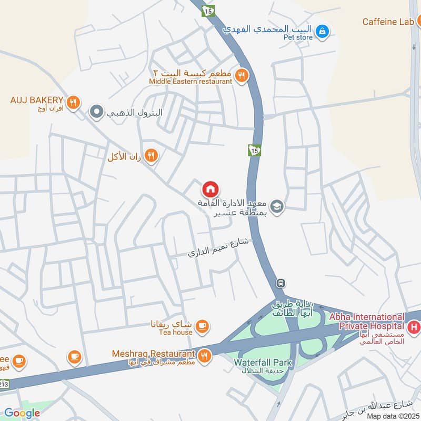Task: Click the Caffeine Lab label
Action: tap(388, 22)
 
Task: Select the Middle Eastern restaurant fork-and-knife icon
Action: tap(242, 76)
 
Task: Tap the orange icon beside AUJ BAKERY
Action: tap(74, 103)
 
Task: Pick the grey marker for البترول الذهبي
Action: tap(96, 112)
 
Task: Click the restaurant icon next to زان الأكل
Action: tap(152, 155)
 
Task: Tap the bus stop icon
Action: tap(282, 283)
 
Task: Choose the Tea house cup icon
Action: tap(202, 327)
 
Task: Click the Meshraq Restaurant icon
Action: tap(205, 357)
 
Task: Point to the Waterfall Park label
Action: tap(263, 363)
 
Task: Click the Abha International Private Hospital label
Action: tap(367, 321)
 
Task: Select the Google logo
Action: tap(22, 413)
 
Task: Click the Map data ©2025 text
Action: tap(393, 416)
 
